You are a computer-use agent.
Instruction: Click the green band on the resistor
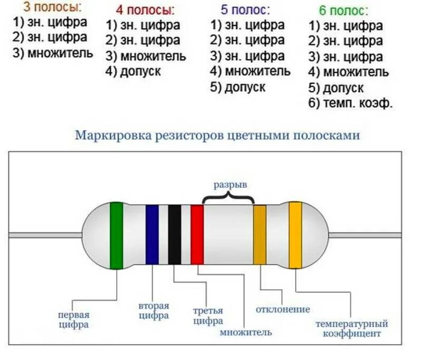tap(117, 234)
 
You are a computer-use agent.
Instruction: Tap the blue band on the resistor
tap(152, 234)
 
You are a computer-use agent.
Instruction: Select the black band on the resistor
tap(175, 234)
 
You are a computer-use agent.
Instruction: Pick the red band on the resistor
tap(197, 234)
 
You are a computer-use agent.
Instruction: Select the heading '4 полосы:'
tap(146, 11)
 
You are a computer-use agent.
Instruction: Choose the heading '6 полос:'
tap(343, 11)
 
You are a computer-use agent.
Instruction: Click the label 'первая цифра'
tap(74, 320)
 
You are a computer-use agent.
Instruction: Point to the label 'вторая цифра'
tap(154, 311)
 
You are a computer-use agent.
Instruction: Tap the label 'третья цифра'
tap(208, 316)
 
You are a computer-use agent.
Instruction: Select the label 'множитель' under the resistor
tap(246, 333)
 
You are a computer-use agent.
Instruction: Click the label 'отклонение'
tap(283, 309)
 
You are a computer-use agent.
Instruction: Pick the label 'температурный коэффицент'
tap(352, 328)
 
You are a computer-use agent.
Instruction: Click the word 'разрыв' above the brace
tap(230, 185)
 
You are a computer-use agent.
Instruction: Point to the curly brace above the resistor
tap(228, 197)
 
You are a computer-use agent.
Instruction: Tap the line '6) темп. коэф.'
tap(351, 103)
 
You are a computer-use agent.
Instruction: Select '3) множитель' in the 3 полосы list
tap(52, 53)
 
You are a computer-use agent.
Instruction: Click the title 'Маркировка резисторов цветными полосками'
tap(217, 135)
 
